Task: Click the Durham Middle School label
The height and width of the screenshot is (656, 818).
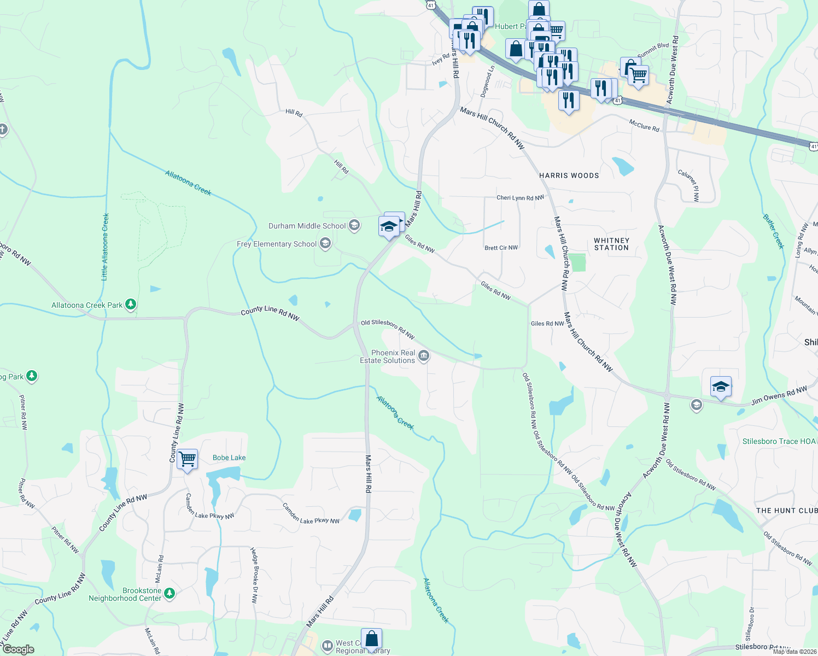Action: [x=307, y=226]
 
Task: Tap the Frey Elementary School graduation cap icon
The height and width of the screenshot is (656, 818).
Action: [x=325, y=243]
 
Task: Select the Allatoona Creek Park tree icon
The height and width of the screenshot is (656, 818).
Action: [x=131, y=304]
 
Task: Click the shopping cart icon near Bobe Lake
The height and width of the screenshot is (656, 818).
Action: [x=187, y=458]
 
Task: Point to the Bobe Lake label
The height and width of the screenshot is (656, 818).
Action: [x=229, y=458]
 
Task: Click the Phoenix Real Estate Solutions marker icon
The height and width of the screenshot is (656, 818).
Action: [x=423, y=357]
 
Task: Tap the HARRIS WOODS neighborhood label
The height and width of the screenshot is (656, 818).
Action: [x=569, y=175]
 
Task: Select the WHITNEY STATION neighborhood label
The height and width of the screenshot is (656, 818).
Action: [x=611, y=244]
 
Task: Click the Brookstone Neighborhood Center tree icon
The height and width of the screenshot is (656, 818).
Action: [x=170, y=593]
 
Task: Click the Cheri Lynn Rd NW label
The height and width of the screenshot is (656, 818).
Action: [x=520, y=198]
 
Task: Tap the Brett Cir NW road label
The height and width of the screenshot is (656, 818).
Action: [x=501, y=248]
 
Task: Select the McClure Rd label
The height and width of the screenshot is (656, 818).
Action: [x=644, y=126]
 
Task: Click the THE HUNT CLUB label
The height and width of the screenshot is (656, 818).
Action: [x=786, y=511]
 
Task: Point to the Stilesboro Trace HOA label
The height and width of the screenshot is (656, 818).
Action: [x=779, y=441]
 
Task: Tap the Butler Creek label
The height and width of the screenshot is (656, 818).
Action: [x=773, y=231]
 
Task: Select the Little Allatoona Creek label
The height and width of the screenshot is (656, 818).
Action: [x=106, y=247]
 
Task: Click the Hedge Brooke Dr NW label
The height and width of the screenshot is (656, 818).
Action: [x=254, y=575]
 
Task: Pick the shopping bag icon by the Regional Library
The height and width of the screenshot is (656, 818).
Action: [x=371, y=638]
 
